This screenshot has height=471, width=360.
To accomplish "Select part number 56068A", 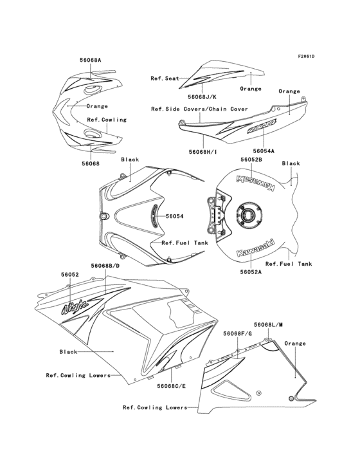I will coord(91,60).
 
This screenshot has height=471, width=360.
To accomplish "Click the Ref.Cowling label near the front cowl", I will coord(107,120).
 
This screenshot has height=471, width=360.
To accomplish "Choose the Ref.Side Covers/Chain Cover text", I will coord(199,109).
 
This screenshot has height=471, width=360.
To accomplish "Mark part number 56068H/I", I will coord(203,152).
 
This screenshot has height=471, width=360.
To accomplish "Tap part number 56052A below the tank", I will coord(237,272).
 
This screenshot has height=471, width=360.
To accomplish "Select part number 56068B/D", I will coord(105,266).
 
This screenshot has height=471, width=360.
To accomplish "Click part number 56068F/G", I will coord(238,334).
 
